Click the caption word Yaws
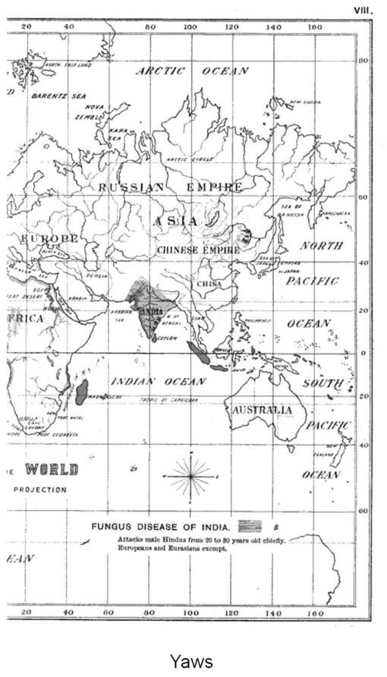193,660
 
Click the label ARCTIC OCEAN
192,71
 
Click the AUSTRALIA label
262,410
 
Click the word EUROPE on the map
50,239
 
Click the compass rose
191,476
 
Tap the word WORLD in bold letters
52,470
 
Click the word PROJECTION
40,490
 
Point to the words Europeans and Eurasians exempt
172,548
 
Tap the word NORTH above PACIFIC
321,246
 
